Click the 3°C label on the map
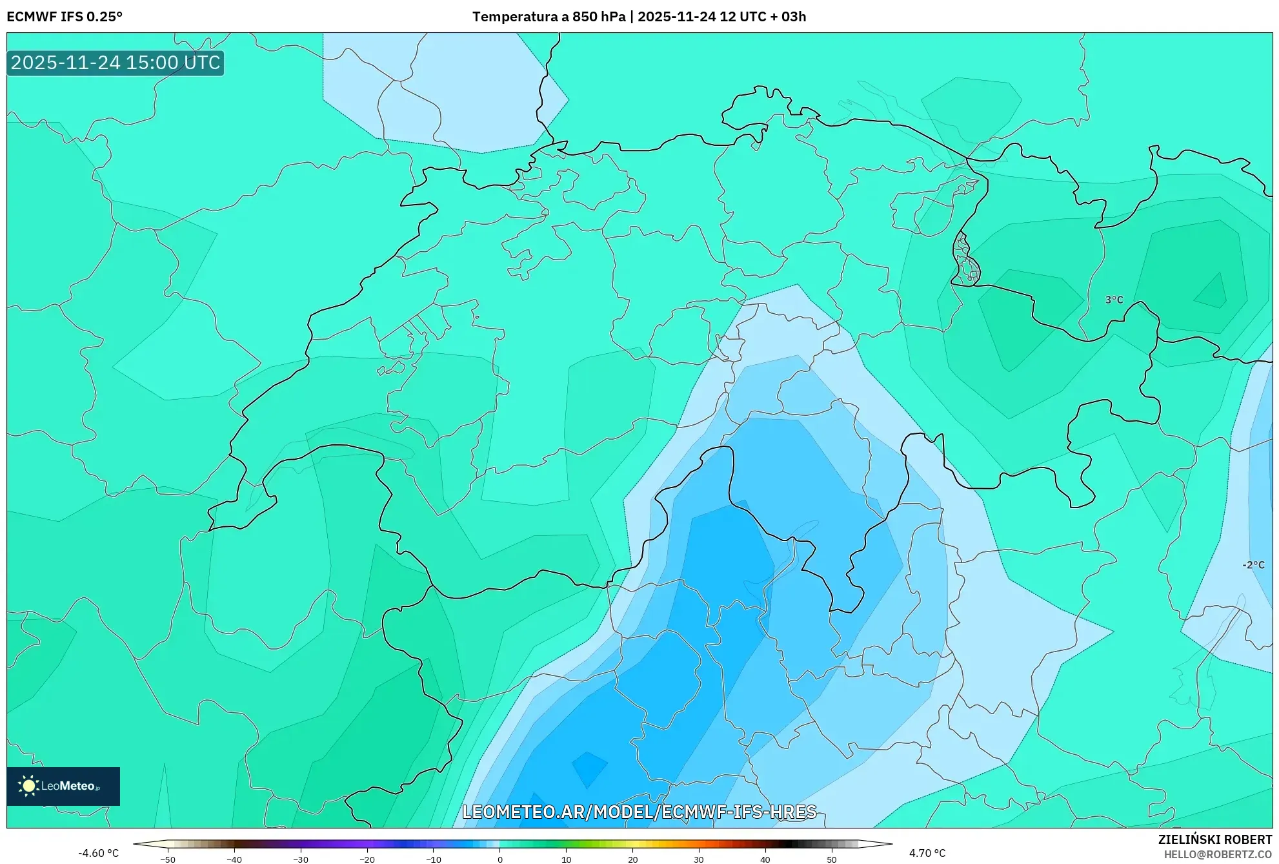(x=1114, y=300)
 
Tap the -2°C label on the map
(x=1253, y=565)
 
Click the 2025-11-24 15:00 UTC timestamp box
(x=116, y=63)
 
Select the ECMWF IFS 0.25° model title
(x=65, y=17)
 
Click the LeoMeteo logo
(x=63, y=786)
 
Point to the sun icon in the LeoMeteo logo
(x=28, y=786)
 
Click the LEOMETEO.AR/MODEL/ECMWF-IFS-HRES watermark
(x=639, y=812)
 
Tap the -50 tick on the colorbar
(x=168, y=859)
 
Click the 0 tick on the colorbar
(x=499, y=859)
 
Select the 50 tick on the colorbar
(x=831, y=859)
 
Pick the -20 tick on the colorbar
(x=367, y=859)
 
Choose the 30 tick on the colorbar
(x=699, y=859)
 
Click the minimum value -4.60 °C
(x=99, y=853)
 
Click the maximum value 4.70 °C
(x=927, y=853)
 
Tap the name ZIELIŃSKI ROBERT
(x=1214, y=839)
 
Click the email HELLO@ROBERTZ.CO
(x=1218, y=854)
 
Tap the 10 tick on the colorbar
(x=566, y=859)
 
